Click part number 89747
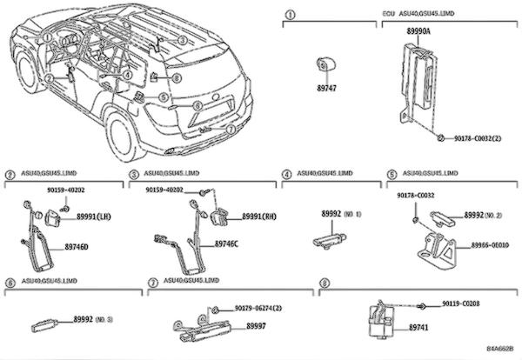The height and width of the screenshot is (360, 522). point(326,88)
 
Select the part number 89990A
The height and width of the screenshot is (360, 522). point(419,31)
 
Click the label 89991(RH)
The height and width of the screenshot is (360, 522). point(260,216)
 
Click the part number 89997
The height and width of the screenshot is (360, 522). point(256,325)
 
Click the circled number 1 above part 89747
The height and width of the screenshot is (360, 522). point(291,16)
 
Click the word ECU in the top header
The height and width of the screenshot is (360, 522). point(389,16)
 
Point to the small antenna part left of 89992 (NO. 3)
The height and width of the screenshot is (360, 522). point(46,326)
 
